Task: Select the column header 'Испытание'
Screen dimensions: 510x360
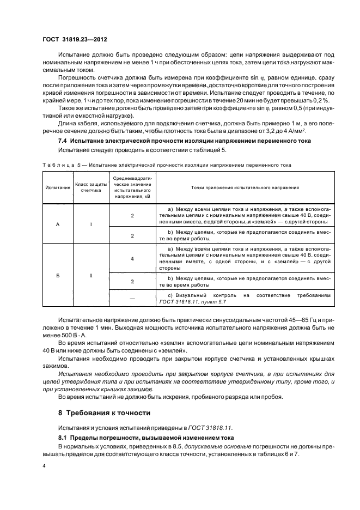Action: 58,187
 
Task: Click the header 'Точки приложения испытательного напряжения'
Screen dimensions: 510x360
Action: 245,187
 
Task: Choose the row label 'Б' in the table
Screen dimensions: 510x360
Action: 58,276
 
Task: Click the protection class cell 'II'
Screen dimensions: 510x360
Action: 91,276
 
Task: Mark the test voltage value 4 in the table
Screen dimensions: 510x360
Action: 132,259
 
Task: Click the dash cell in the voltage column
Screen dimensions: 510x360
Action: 132,298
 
